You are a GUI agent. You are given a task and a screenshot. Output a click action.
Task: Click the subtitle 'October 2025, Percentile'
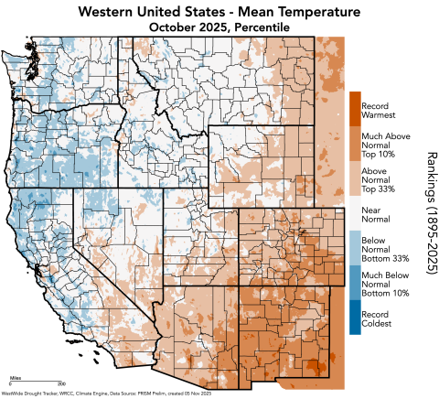pos(219,27)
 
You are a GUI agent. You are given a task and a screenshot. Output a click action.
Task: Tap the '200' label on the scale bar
pos(60,383)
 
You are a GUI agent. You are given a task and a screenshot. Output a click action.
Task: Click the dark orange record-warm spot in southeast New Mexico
pos(314,367)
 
